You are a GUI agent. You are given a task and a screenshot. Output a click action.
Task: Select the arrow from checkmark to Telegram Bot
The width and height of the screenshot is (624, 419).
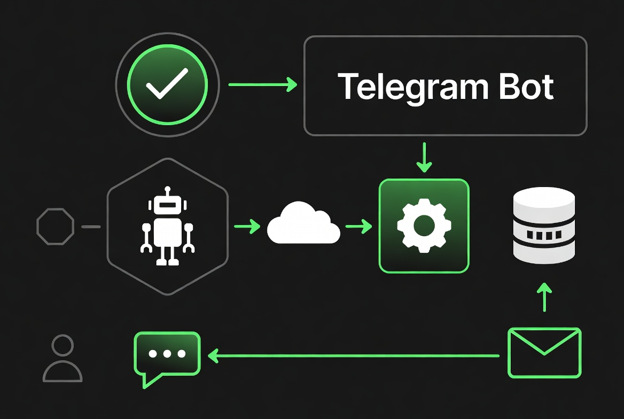pos(262,84)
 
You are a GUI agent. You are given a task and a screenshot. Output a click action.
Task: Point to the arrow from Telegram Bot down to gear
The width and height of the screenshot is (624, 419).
pos(424,157)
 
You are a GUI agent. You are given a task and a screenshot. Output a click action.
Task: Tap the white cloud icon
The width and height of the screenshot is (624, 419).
pos(303,223)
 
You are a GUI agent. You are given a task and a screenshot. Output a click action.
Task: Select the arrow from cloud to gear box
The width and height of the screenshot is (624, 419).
pos(358,227)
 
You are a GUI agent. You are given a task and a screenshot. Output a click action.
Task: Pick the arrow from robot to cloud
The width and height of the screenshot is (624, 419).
pos(247,227)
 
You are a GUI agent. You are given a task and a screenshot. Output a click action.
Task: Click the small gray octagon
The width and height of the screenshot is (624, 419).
pos(55,227)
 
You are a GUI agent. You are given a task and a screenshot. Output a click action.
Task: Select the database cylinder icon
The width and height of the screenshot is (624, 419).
pos(543,224)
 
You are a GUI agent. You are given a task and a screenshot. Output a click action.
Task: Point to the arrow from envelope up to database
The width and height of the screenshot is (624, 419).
pos(544,297)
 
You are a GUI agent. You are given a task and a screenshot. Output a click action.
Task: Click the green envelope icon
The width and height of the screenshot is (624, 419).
pos(544,353)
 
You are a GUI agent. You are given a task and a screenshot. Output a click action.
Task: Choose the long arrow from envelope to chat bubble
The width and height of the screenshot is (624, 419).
pos(353,355)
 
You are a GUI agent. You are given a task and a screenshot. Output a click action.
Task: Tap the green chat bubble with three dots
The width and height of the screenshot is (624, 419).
pos(167,354)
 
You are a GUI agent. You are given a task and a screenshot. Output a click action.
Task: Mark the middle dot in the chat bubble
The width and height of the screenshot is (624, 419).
pos(167,354)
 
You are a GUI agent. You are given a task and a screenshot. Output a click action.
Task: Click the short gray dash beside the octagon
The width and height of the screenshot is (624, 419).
pos(91,227)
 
